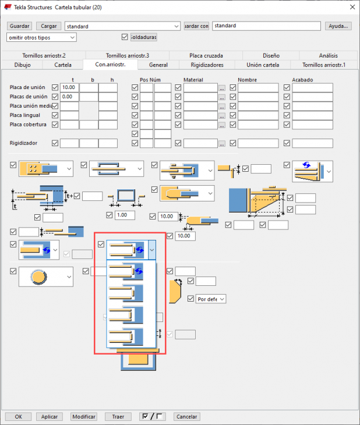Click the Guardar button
pyautogui.click(x=19, y=26)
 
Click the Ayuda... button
pyautogui.click(x=338, y=26)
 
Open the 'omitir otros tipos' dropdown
pyautogui.click(x=41, y=37)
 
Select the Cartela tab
pyautogui.click(x=63, y=65)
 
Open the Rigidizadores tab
pyautogui.click(x=207, y=65)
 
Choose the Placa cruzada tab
pyautogui.click(x=206, y=55)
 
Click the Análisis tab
pyautogui.click(x=329, y=55)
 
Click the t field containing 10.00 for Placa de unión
pyautogui.click(x=69, y=87)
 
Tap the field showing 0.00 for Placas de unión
pyautogui.click(x=69, y=97)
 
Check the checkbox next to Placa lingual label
pyautogui.click(x=55, y=115)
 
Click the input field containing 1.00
pyautogui.click(x=125, y=215)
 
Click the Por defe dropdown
pyautogui.click(x=211, y=299)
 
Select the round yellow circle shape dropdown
pyautogui.click(x=46, y=277)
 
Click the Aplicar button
pyautogui.click(x=49, y=417)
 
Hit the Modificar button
pyautogui.click(x=84, y=417)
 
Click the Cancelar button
pyautogui.click(x=186, y=417)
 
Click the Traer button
pyautogui.click(x=118, y=417)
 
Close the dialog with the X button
pyautogui.click(x=352, y=7)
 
